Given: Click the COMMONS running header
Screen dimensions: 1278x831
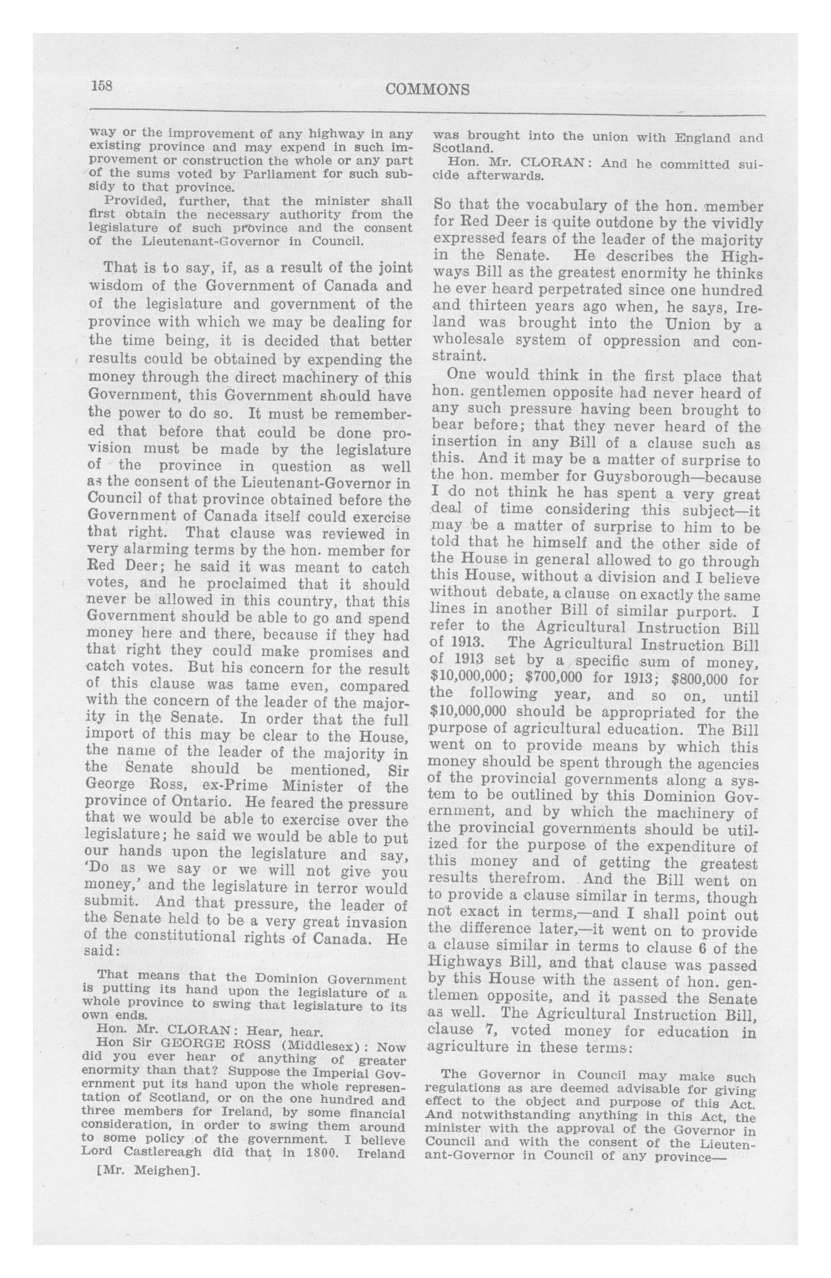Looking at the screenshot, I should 427,90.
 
